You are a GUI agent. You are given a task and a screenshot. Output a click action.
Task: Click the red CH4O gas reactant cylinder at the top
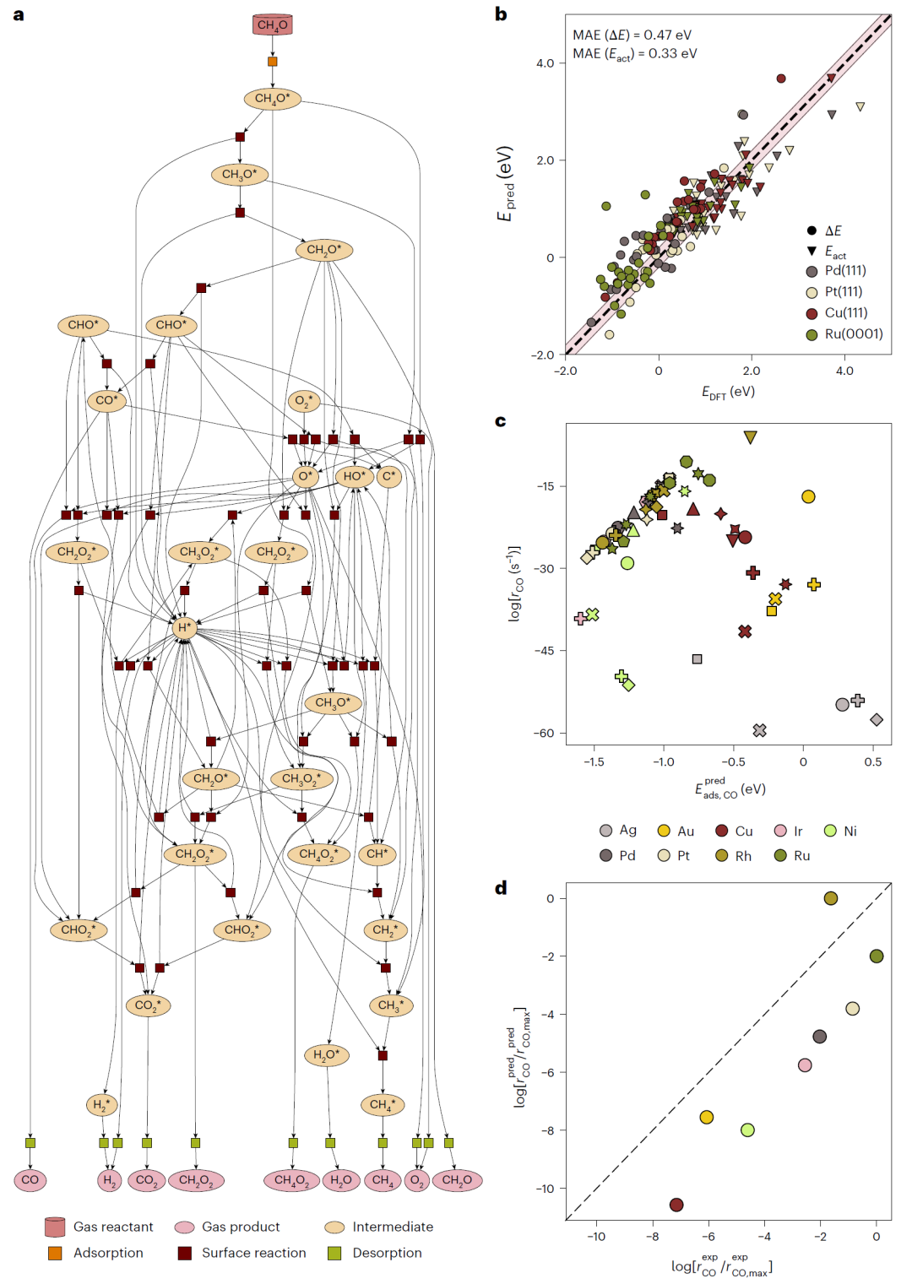pos(272,24)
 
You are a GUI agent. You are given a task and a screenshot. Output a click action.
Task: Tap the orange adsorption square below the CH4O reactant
pos(272,62)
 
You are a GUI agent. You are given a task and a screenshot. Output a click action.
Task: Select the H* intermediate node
pos(184,627)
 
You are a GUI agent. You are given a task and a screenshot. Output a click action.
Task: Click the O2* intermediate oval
pos(304,401)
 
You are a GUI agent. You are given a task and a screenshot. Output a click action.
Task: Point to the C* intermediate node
pos(388,476)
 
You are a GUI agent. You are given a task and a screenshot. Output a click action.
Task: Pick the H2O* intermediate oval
pos(326,1055)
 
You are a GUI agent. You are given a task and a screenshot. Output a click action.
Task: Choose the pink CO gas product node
pos(30,1180)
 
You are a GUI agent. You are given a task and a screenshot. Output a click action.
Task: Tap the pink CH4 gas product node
pos(383,1180)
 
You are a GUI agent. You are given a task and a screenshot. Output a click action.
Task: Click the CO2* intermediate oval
pos(148,1005)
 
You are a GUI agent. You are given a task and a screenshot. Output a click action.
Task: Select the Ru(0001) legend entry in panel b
pos(845,334)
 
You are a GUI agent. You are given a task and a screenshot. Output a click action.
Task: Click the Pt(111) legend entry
pos(835,292)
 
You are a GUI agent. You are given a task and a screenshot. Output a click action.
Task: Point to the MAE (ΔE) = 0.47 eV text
pos(632,35)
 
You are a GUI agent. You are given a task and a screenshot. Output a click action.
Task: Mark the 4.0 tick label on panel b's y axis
pos(545,63)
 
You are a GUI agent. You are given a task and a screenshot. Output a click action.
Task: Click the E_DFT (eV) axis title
pos(728,392)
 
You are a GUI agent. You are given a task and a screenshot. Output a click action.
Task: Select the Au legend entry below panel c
pos(676,832)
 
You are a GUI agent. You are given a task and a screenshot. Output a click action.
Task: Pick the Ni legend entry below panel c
pos(840,832)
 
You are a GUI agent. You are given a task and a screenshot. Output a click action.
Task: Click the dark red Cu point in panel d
pos(676,1205)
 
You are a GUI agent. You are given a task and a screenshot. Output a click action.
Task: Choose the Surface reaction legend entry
pos(242,1253)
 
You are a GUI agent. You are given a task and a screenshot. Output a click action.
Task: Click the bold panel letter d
pos(501,887)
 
